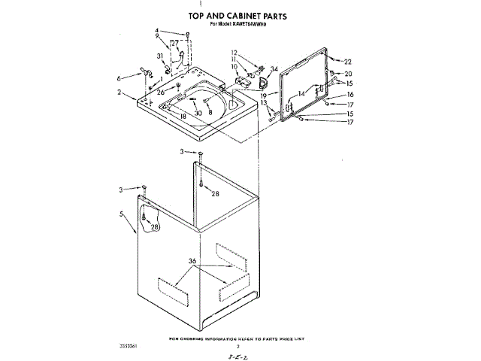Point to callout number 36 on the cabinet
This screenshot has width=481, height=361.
point(192,261)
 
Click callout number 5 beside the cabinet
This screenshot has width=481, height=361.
point(121,214)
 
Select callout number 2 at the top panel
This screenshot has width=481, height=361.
point(119,93)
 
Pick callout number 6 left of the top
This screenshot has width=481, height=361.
point(119,77)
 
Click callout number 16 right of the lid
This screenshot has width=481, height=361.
point(349,94)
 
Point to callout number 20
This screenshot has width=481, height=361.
point(348,74)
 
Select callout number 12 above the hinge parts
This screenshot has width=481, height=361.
point(234,52)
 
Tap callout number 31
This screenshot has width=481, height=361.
point(160,57)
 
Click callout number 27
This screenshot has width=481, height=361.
point(174,44)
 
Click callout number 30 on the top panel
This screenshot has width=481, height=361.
point(198,113)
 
